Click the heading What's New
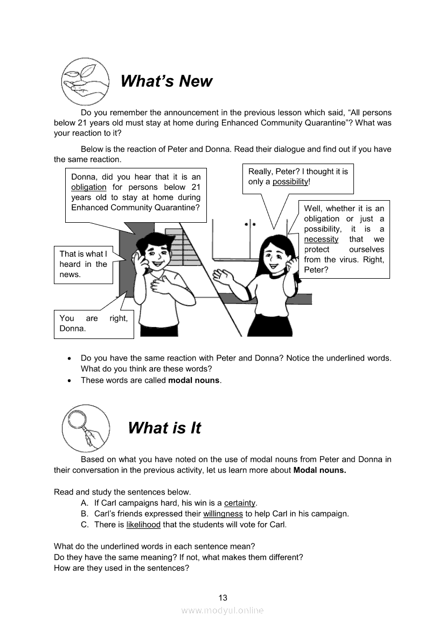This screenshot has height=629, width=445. click(166, 81)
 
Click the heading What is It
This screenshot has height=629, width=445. click(164, 428)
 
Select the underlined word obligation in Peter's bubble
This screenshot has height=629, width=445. click(89, 187)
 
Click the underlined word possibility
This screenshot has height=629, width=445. click(290, 182)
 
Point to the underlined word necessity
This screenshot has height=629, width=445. click(321, 239)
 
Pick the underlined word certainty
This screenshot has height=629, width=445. click(240, 503)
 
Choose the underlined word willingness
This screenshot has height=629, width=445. click(223, 514)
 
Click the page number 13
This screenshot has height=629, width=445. click(222, 597)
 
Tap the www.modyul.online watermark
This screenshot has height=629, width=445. click(222, 611)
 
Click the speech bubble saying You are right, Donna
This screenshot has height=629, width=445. click(94, 323)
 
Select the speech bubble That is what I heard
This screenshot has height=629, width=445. click(84, 264)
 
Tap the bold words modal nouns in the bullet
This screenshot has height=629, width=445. click(194, 380)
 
